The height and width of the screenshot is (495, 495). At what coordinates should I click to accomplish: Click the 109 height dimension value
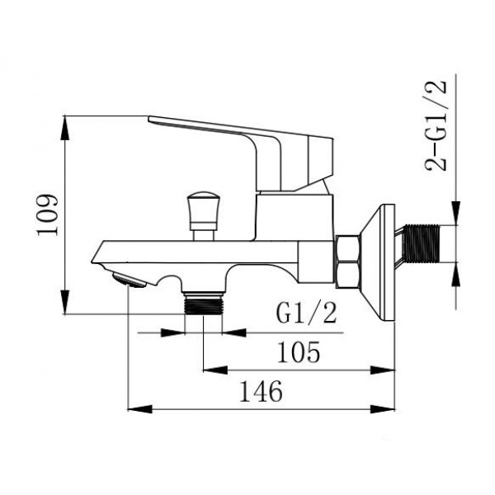tap(48, 215)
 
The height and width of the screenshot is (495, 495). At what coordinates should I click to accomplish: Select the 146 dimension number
tap(261, 391)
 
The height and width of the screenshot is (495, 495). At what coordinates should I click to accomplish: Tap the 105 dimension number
tap(299, 351)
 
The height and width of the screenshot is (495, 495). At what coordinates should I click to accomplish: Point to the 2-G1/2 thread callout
tap(436, 125)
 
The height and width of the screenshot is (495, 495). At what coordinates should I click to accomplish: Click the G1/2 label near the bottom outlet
tap(306, 313)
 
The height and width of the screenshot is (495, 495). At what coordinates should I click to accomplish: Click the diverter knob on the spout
tap(203, 215)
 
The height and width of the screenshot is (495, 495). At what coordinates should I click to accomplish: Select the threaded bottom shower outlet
tap(203, 303)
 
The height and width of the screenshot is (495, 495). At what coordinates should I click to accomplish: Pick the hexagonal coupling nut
tap(347, 262)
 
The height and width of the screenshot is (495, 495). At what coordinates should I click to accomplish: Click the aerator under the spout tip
tap(130, 280)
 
